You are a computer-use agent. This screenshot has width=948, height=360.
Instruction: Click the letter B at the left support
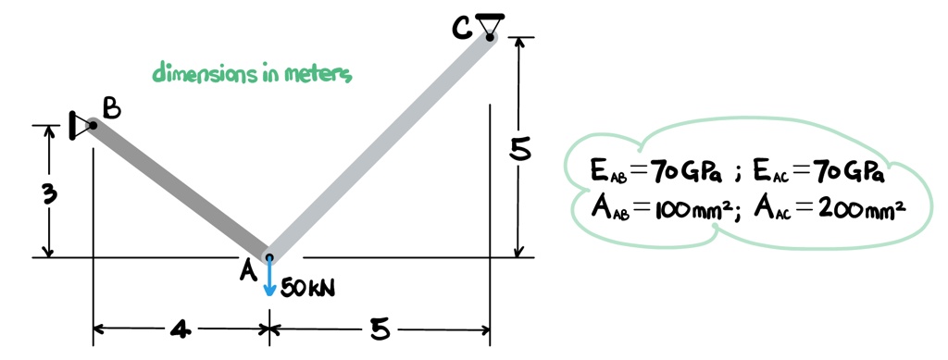[111, 109]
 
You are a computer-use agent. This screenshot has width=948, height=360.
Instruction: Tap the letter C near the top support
[462, 30]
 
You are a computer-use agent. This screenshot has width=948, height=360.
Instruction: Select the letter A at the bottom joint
[247, 270]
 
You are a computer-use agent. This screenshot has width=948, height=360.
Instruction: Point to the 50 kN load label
[307, 289]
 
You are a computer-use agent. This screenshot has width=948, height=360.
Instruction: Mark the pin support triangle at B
[81, 125]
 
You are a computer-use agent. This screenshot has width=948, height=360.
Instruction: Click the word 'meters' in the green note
[318, 73]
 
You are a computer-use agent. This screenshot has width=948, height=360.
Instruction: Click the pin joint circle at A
[269, 258]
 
